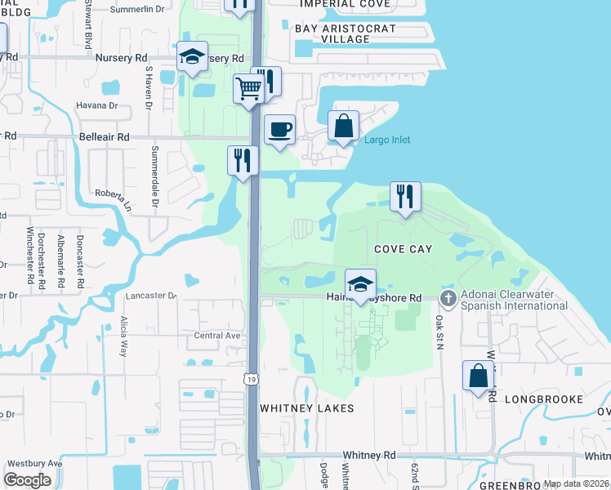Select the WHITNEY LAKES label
coord(307,408)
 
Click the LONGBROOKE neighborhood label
coord(544,399)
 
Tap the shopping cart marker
coord(249,88)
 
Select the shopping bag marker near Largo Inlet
coord(344,127)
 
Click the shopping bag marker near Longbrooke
coord(479,376)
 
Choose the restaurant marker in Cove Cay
coord(405,197)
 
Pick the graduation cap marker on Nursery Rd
coord(192,57)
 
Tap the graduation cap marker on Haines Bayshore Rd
coord(360,285)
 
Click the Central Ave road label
coord(216,335)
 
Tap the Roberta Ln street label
coord(114,199)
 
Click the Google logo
coord(27,480)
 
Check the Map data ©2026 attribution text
coord(576,483)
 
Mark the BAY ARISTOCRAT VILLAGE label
coord(346,33)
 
